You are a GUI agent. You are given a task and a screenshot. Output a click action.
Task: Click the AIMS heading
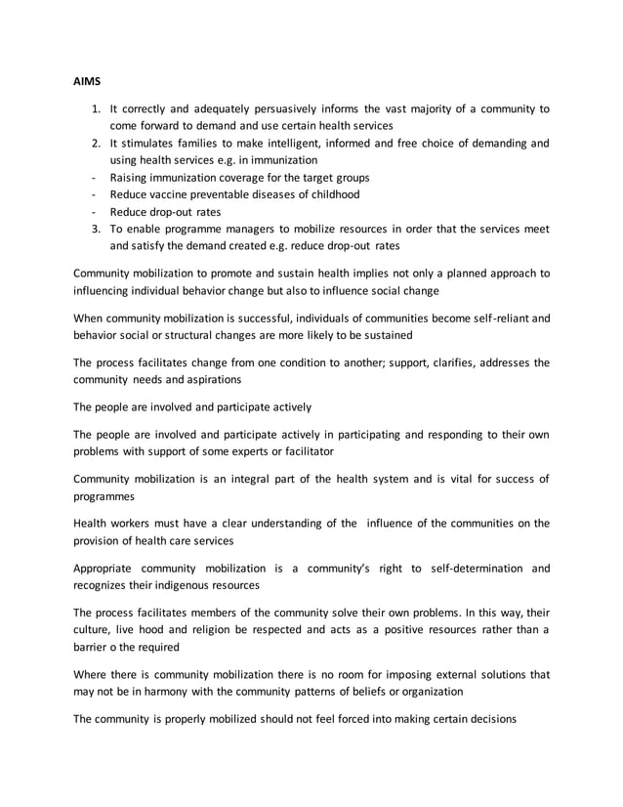[x=88, y=83]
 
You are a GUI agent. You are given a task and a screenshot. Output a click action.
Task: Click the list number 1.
[x=96, y=108]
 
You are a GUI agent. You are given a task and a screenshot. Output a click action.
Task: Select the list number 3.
[x=96, y=229]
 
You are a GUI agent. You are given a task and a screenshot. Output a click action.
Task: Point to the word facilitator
[x=304, y=451]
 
